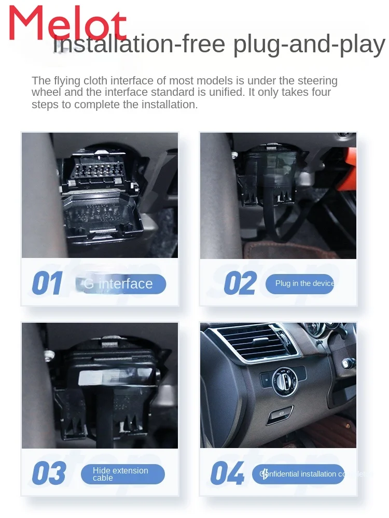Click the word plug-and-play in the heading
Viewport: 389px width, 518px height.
point(309,45)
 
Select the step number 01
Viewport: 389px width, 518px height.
point(47,284)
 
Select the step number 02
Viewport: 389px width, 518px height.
point(240,284)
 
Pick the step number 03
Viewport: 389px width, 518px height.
point(49,474)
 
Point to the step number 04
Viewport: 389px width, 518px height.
point(227,474)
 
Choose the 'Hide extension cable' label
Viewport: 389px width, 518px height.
point(122,474)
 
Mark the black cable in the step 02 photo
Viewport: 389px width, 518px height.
point(270,218)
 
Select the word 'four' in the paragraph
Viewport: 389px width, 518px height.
point(321,93)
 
